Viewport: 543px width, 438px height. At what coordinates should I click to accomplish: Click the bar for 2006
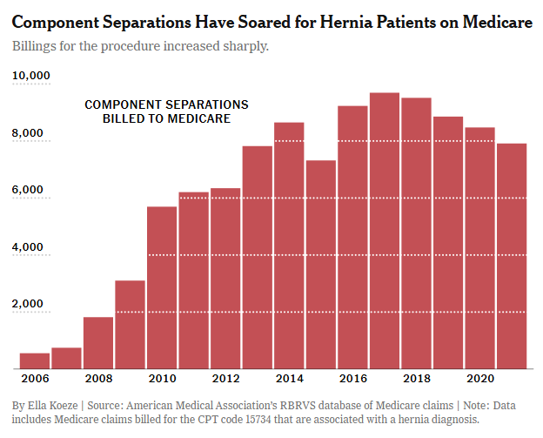(35, 361)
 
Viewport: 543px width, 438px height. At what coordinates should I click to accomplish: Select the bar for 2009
(130, 324)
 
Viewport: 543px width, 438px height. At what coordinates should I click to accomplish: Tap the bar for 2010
(162, 287)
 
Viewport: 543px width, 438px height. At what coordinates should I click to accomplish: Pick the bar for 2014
(289, 246)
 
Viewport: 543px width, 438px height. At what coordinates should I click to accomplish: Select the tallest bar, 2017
(384, 231)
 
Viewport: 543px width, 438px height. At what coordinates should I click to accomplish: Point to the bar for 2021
(511, 256)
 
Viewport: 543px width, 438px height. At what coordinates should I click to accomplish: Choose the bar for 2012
(225, 279)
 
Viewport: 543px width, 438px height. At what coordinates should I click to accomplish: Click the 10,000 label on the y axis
(31, 77)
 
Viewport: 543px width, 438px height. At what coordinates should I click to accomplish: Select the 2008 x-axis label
(98, 381)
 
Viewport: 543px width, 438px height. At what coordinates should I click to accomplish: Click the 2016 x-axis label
(352, 381)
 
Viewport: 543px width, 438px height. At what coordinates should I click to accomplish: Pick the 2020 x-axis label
(479, 381)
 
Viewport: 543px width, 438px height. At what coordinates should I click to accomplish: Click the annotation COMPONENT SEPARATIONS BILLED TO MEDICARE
(166, 111)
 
